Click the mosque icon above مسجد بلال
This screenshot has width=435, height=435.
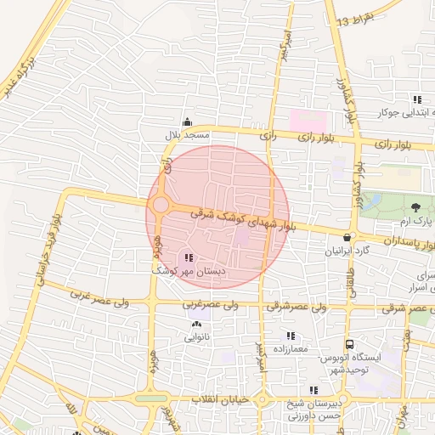pos(188,121)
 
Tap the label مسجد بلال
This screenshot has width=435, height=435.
pos(186,135)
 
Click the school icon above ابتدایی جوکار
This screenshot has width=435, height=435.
pos(415,99)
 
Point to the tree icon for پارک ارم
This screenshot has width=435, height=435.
pos(415,207)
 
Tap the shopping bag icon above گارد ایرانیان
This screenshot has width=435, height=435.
pos(347,238)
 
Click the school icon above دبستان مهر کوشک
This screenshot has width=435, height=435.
pos(189,257)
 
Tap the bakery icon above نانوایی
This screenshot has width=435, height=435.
pos(197,324)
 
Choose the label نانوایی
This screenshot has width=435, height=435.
pos(197,337)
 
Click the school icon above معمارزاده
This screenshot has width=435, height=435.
pos(292,335)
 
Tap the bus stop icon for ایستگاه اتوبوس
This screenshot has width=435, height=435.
pos(349,344)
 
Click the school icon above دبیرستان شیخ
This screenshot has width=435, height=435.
pos(314,390)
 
